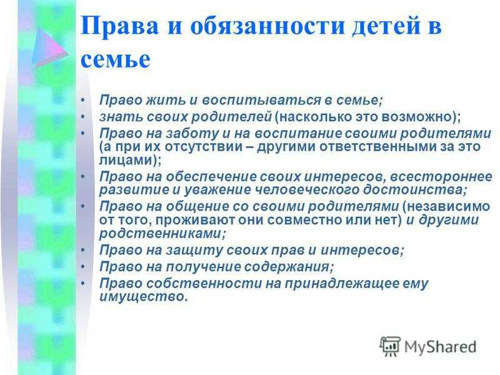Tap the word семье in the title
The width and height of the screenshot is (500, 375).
click(115, 59)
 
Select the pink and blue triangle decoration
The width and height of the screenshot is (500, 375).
click(51, 47)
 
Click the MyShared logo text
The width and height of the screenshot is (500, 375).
click(441, 347)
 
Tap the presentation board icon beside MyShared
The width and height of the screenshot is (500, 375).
click(390, 346)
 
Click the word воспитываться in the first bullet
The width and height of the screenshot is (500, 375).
click(261, 101)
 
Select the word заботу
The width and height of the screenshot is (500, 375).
click(192, 134)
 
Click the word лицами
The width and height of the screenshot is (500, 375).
click(126, 161)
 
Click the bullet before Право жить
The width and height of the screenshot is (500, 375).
click(83, 100)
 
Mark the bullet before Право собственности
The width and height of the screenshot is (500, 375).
click(83, 284)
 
